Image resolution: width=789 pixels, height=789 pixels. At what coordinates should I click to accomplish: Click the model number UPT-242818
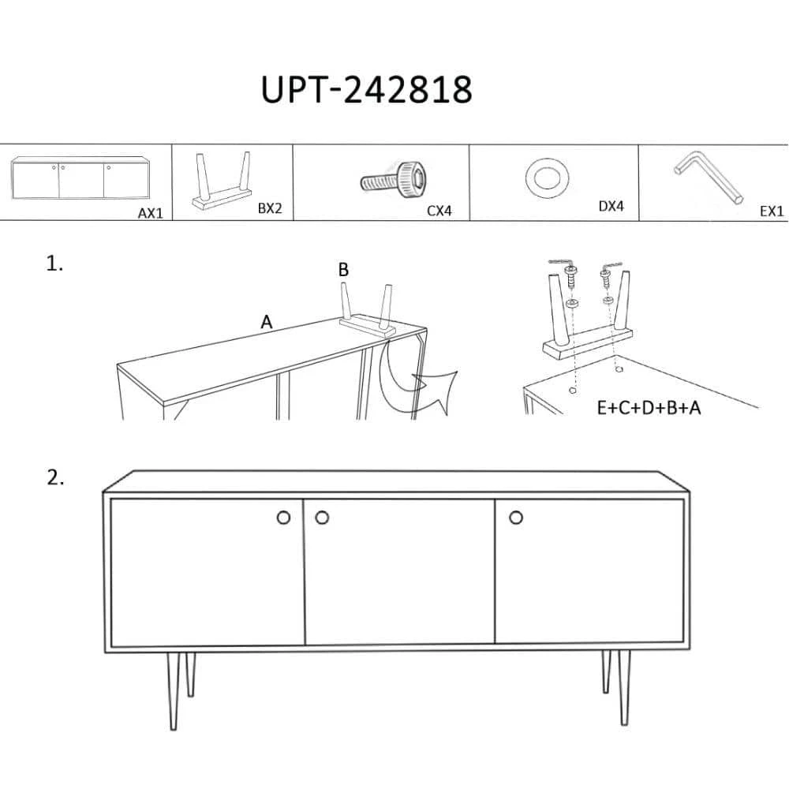point(366,90)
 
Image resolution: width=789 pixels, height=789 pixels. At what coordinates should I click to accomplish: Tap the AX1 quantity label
point(151,213)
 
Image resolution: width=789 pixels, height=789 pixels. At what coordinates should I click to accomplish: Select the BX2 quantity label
point(270,208)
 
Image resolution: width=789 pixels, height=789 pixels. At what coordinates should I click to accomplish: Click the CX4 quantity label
point(439,211)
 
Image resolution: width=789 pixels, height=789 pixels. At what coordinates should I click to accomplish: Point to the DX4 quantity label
point(611,206)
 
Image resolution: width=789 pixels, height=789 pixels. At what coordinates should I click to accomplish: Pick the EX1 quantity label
point(772,211)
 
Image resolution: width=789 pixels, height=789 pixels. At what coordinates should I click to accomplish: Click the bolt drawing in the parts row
point(394,180)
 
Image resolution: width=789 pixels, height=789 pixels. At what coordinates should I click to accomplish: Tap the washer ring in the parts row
point(546,178)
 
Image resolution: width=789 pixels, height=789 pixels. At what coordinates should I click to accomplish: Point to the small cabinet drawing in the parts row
point(81,178)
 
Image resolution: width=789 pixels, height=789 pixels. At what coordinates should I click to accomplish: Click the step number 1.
point(54,264)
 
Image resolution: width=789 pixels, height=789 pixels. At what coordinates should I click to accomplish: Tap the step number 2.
point(55,477)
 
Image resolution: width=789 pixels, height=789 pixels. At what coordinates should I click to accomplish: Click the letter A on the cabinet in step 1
point(266,322)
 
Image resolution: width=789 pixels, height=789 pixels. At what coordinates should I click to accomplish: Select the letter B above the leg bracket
point(343,270)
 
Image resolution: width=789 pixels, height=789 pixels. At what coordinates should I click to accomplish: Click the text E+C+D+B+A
point(649,408)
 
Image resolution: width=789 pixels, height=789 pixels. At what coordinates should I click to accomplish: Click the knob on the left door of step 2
point(284,518)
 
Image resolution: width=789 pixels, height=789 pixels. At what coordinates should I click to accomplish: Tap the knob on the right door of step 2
point(516,518)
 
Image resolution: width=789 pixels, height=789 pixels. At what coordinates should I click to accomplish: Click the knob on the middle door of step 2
point(322,518)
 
